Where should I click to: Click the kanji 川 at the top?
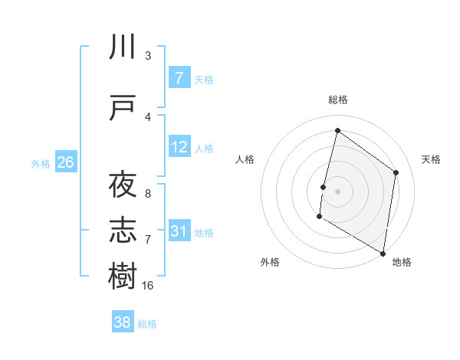click(x=123, y=48)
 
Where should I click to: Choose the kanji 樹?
click(x=123, y=275)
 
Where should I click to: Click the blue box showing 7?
click(x=179, y=78)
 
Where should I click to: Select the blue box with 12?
click(x=179, y=147)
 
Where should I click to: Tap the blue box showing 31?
click(x=179, y=231)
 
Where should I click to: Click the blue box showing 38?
click(x=123, y=322)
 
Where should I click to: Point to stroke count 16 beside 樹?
click(x=148, y=285)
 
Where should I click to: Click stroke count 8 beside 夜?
click(x=147, y=193)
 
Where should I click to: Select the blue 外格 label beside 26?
click(x=41, y=163)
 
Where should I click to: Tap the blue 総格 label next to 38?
click(x=147, y=324)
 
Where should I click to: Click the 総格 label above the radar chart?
click(x=338, y=100)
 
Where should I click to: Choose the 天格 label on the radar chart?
click(x=431, y=159)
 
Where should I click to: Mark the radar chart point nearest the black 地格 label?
click(x=383, y=253)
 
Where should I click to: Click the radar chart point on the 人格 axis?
click(x=324, y=187)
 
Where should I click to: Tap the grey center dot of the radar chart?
click(x=337, y=191)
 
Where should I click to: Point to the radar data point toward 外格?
click(x=319, y=217)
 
